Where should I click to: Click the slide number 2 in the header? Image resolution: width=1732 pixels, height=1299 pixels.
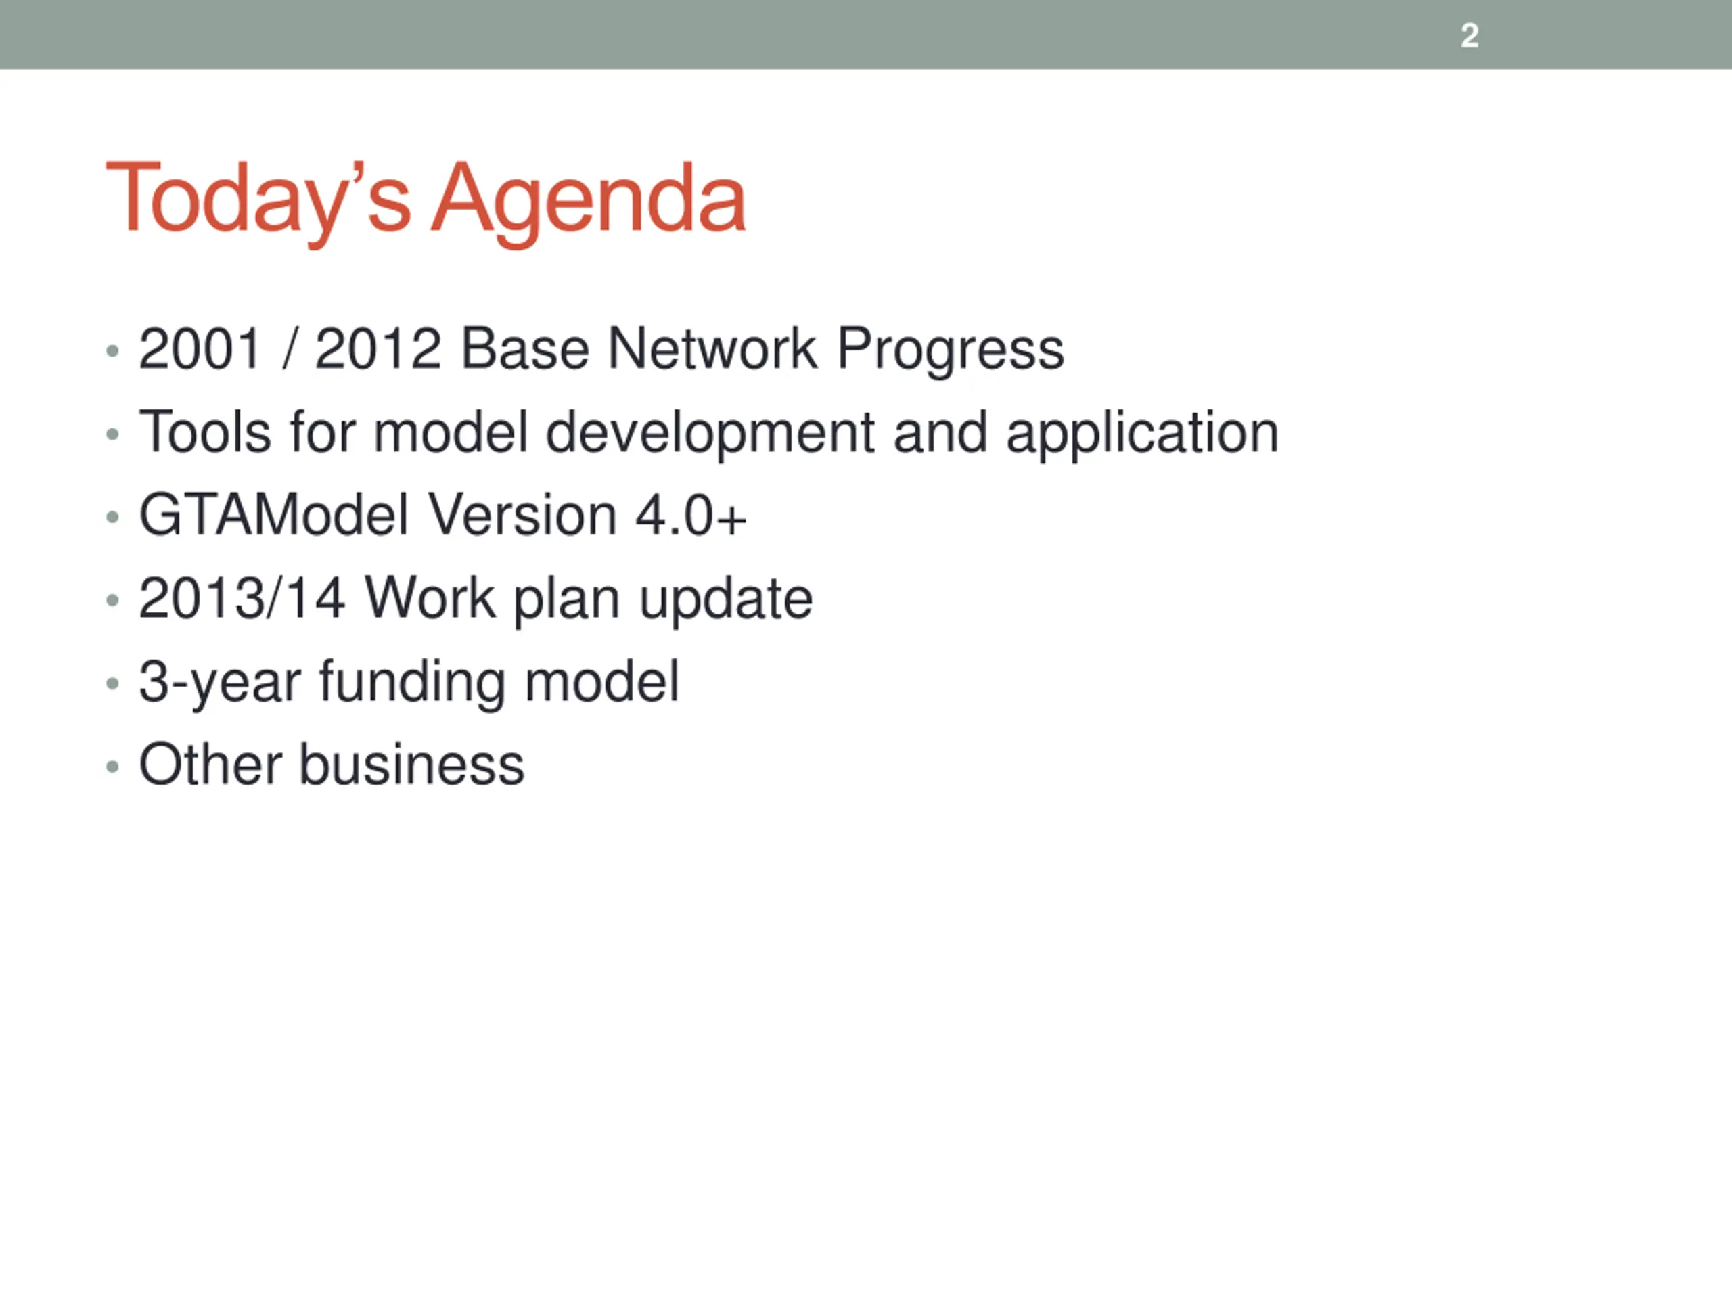(1469, 36)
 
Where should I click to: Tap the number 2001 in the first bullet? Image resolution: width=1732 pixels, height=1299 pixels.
(199, 348)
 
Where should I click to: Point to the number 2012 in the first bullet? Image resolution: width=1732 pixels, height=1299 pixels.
(378, 348)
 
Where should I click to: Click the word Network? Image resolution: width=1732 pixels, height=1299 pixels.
(712, 348)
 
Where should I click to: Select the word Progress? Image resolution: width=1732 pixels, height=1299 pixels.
(951, 352)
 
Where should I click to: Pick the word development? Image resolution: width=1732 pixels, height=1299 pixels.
(710, 435)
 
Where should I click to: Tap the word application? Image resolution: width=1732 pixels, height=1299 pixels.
(1143, 435)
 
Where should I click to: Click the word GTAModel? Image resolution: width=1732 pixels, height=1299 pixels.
(274, 516)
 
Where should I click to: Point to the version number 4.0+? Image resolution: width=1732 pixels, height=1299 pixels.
(691, 516)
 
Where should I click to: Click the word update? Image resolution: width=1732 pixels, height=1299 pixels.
(726, 602)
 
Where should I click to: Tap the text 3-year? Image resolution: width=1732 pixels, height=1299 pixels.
(219, 685)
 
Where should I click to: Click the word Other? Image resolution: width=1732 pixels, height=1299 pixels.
(210, 765)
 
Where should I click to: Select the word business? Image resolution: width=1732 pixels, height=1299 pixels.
(412, 765)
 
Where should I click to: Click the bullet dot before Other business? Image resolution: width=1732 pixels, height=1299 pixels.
(113, 767)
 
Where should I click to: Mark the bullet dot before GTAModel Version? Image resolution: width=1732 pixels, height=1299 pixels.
(113, 517)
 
